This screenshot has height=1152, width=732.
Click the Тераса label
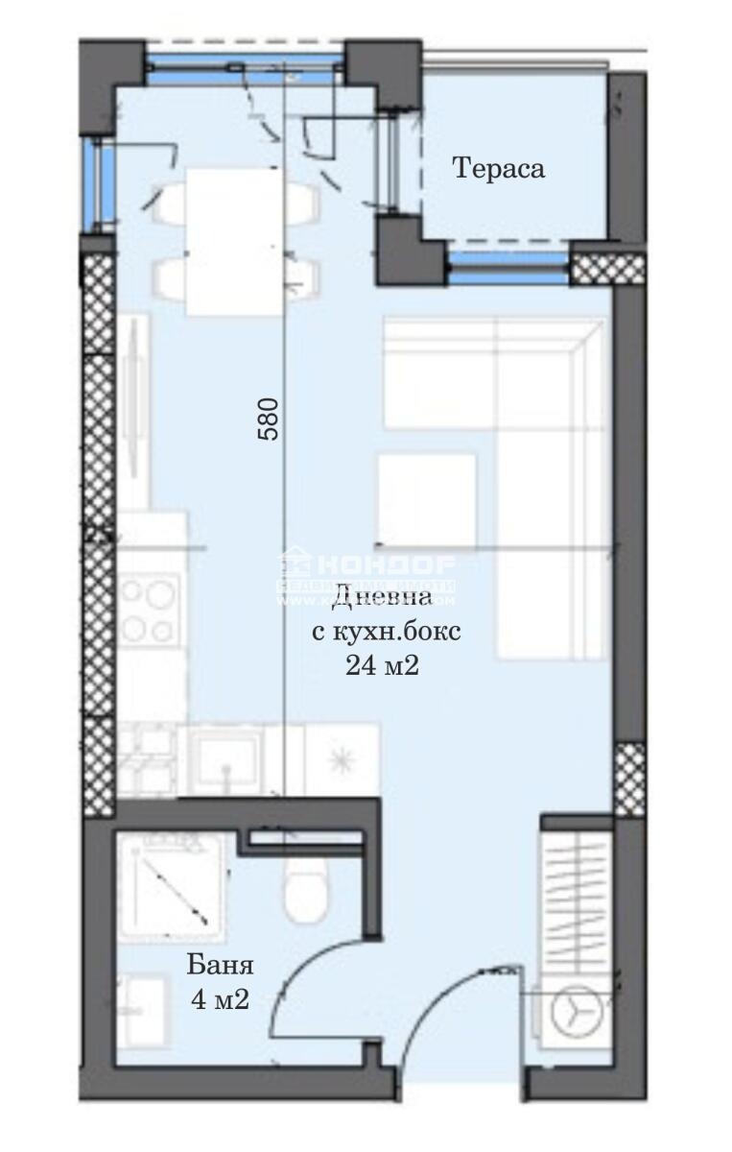tap(499, 169)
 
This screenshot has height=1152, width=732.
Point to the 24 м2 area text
tap(383, 665)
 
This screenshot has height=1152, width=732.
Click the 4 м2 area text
tap(221, 999)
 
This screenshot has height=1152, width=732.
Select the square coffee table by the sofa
tap(426, 498)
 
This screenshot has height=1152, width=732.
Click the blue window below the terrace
tap(508, 264)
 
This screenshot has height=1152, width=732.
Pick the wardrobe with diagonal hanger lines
tap(576, 893)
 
